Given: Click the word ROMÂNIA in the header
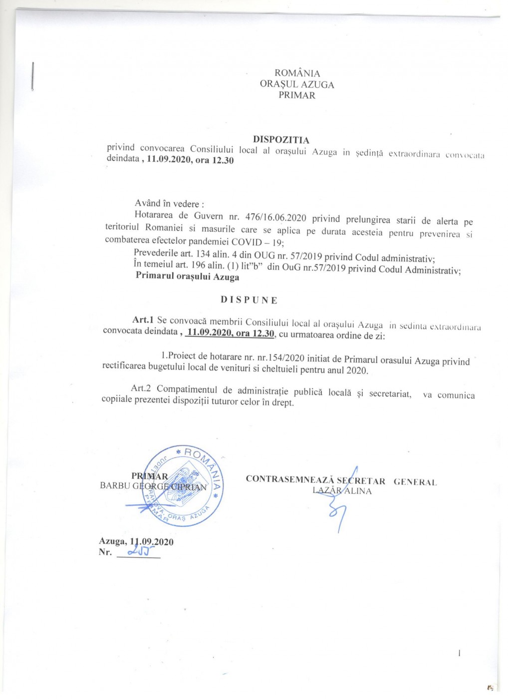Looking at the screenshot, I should (297, 73).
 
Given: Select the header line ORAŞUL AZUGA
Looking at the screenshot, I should (297, 84).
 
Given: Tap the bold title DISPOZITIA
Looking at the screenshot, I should (281, 140).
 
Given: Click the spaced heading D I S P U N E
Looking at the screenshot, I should (249, 300).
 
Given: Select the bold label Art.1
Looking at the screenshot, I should (143, 320).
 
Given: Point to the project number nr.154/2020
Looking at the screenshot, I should (277, 357).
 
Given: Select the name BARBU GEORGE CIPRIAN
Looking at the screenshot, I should (153, 486).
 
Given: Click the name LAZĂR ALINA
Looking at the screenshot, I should (342, 491).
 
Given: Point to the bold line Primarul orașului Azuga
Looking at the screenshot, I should (187, 277).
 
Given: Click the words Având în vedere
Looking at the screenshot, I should (169, 204).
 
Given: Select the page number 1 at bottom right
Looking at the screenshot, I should (459, 653).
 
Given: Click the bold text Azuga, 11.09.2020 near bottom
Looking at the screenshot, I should (136, 542).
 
